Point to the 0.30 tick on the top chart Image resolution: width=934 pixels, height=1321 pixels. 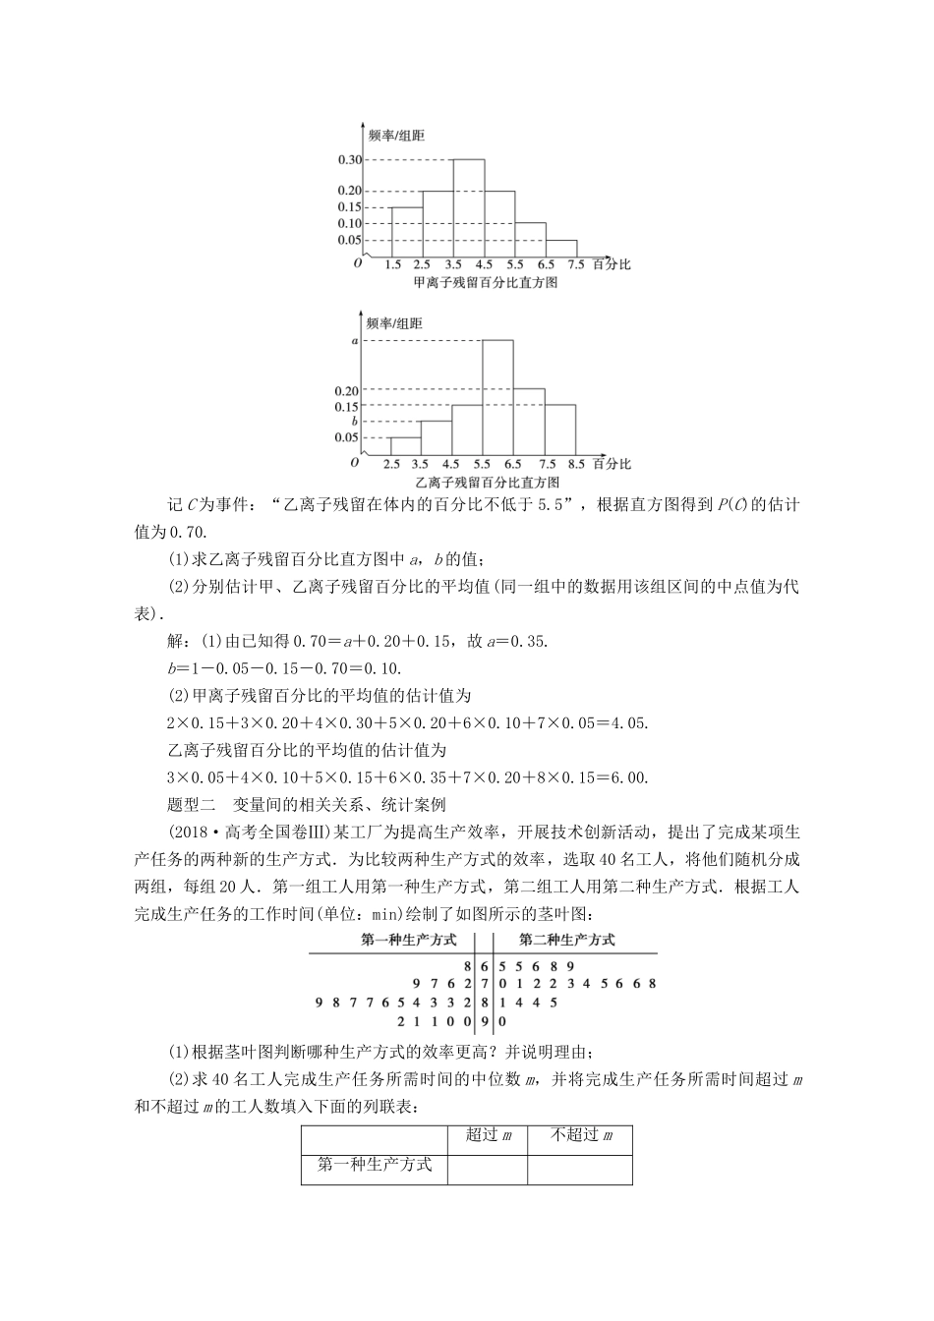coord(349,159)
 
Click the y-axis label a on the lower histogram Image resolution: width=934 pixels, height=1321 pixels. coord(355,340)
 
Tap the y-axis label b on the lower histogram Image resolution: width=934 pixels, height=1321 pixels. coord(355,421)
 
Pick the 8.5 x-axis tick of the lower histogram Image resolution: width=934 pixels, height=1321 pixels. coord(577,464)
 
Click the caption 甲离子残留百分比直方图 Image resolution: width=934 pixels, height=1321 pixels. coord(486,283)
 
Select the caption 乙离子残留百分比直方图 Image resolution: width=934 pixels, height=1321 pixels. coord(486,483)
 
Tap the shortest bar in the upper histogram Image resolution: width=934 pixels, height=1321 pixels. coord(561,248)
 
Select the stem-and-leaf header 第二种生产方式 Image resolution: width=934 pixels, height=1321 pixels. coord(566,939)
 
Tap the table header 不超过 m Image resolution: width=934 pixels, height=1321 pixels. coord(581,1135)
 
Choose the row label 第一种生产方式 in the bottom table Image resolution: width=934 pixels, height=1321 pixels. coord(375,1165)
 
